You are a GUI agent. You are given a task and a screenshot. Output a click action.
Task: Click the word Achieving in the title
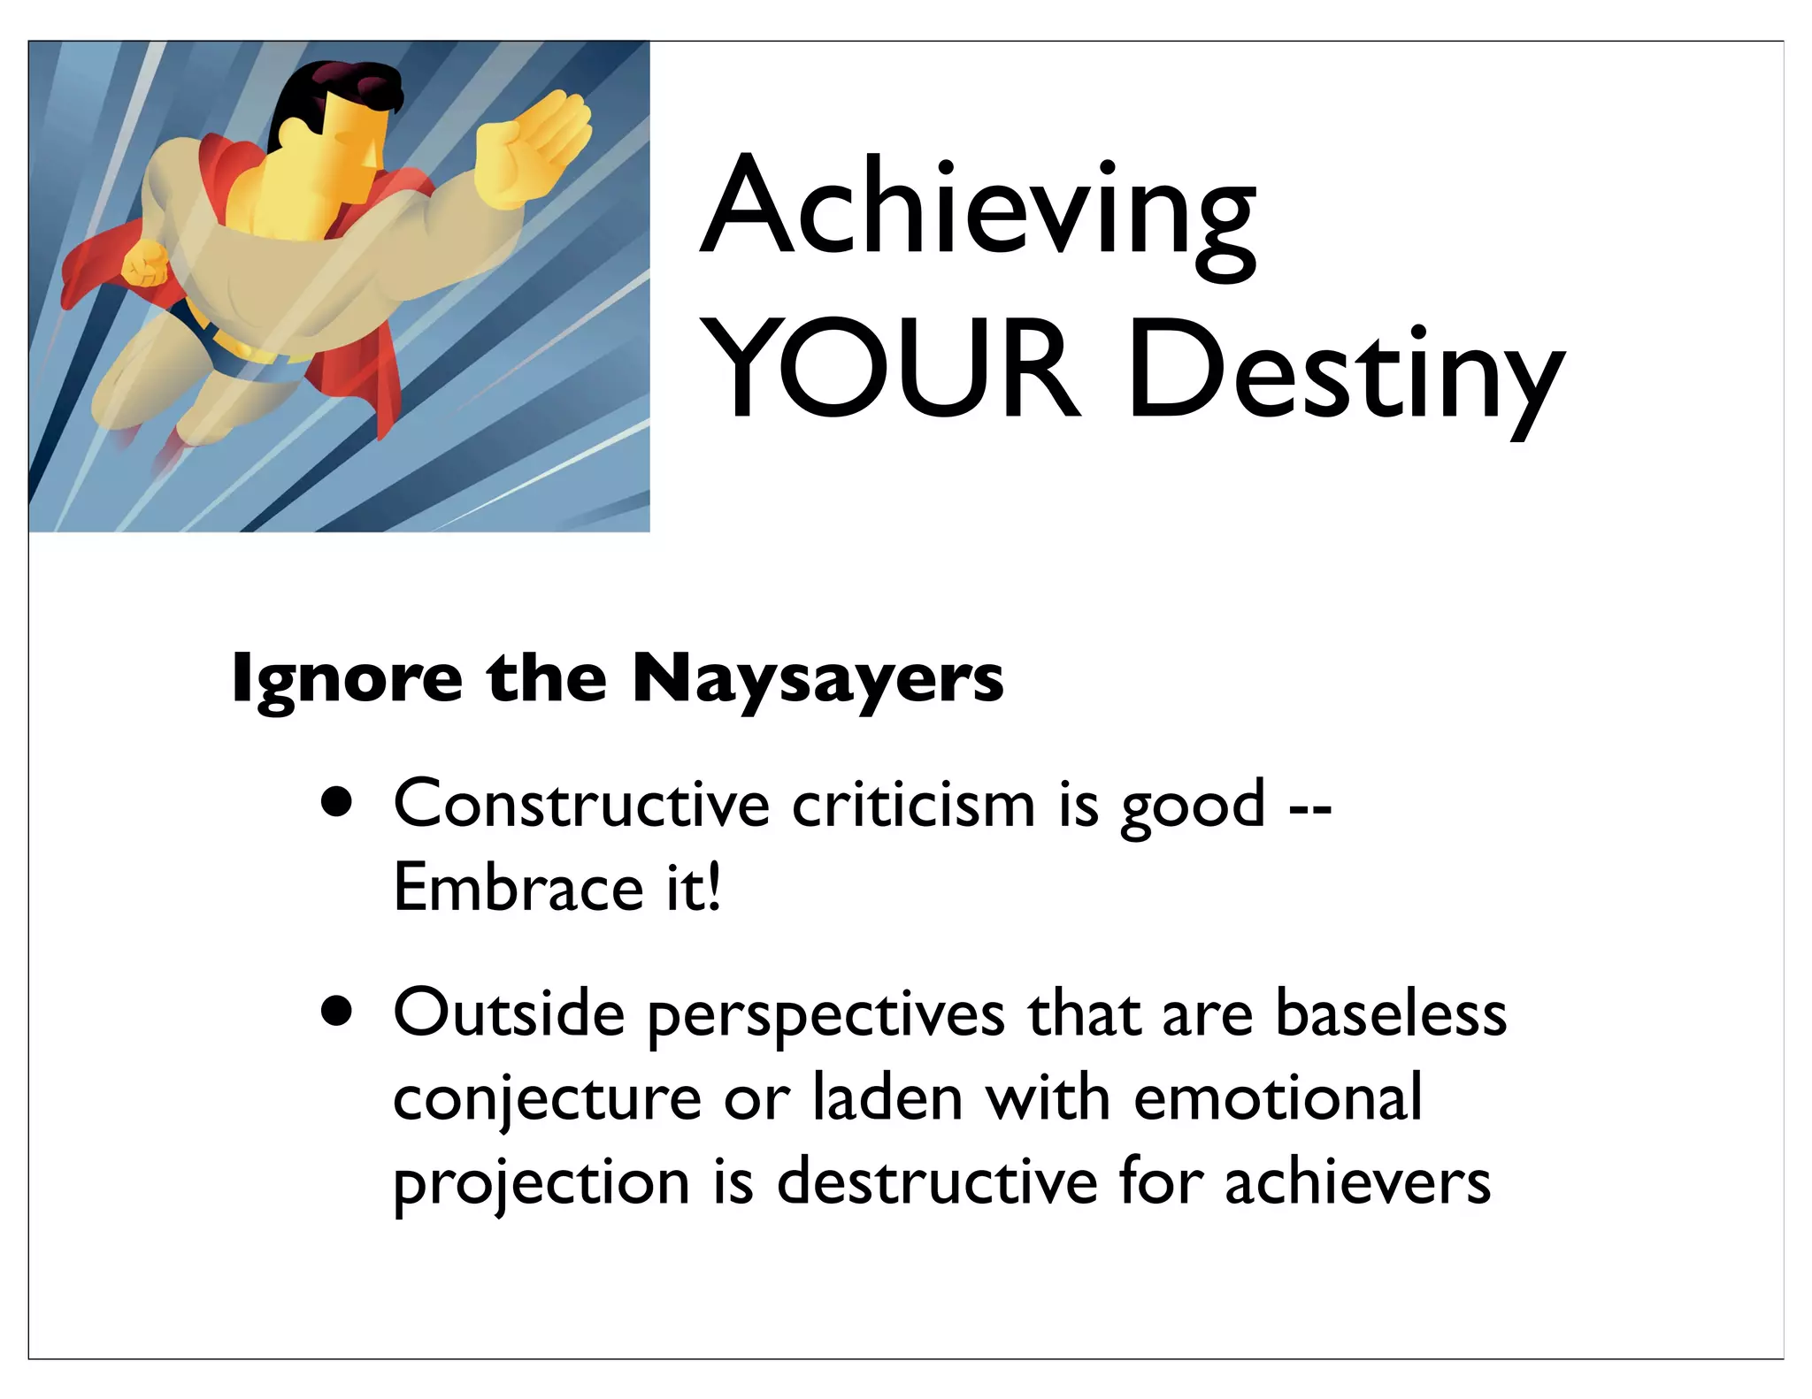coord(978,212)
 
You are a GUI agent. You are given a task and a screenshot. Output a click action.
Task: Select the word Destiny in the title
coord(1345,376)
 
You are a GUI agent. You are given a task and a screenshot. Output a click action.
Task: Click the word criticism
coord(913,804)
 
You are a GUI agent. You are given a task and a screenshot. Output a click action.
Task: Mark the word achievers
coord(1357,1181)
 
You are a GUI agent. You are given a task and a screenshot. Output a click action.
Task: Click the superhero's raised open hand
coord(531,149)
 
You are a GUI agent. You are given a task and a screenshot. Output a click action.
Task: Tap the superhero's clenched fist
coord(144,263)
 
